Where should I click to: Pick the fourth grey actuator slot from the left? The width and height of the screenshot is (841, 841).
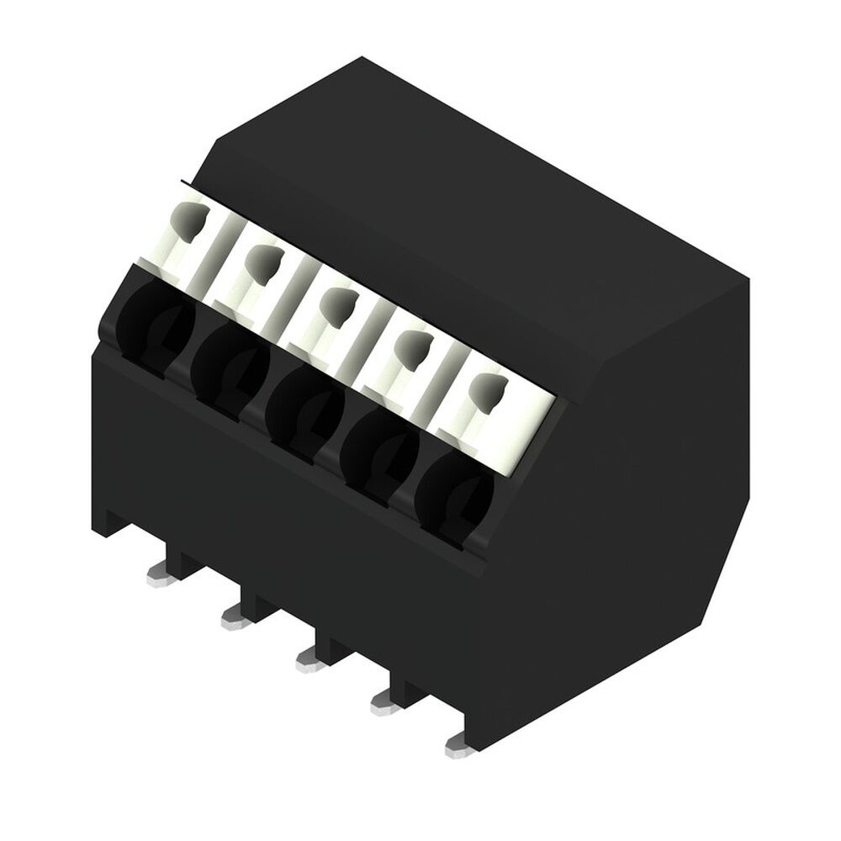(411, 345)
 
